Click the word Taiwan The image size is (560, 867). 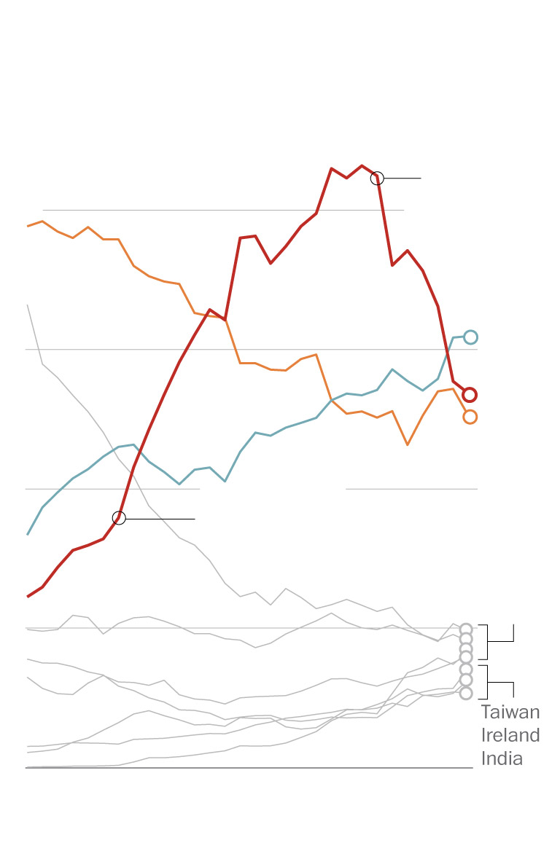[510, 713]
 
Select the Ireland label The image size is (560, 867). [510, 735]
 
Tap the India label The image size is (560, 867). [502, 758]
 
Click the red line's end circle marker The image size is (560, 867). [470, 395]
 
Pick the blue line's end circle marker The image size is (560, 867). [470, 337]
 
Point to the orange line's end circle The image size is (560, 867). [470, 417]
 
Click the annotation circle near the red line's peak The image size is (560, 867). [377, 178]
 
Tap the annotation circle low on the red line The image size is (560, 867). [119, 518]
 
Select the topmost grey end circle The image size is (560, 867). [466, 629]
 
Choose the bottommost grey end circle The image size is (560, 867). [466, 693]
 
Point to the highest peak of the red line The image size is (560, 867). [362, 165]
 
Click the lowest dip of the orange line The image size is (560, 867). [408, 444]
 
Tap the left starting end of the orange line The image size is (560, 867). [28, 226]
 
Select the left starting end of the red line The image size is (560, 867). [28, 596]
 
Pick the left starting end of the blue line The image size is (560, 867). [28, 534]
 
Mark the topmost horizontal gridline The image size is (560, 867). [219, 210]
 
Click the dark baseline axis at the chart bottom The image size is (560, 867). [248, 768]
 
